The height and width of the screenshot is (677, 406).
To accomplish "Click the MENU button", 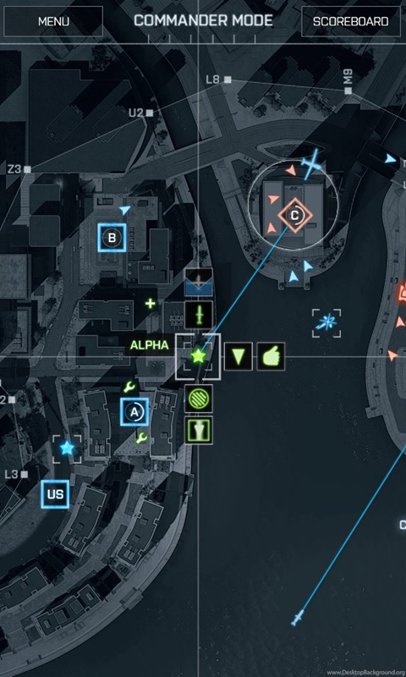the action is [53, 21].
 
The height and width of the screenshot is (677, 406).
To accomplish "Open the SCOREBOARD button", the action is [350, 21].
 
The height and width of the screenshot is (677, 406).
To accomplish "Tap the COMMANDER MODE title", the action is [203, 20].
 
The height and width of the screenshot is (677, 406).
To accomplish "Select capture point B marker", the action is [112, 238].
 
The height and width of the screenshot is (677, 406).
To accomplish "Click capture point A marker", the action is [134, 412].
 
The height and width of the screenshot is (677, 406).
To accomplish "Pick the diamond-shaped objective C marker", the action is [294, 215].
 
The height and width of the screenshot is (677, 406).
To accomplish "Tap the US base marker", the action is [55, 494].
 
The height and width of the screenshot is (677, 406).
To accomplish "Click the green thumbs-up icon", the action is [271, 356].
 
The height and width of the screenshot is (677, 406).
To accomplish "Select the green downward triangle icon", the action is [239, 356].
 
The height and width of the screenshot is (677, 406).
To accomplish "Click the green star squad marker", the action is [198, 356].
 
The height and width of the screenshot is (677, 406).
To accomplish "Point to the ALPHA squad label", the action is [149, 345].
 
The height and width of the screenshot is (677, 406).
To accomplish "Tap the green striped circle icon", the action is [199, 398].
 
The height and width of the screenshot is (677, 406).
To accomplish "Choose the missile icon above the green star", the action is [199, 315].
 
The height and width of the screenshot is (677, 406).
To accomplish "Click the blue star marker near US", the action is [67, 449].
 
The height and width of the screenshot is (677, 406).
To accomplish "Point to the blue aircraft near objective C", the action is [311, 164].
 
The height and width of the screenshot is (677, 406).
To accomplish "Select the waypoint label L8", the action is [212, 80].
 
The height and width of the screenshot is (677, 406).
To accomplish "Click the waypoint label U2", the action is [136, 113].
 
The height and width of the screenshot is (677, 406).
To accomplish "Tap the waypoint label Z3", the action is [14, 169].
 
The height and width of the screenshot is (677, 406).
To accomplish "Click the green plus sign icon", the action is [151, 304].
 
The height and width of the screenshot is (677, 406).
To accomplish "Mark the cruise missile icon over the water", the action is [297, 618].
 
